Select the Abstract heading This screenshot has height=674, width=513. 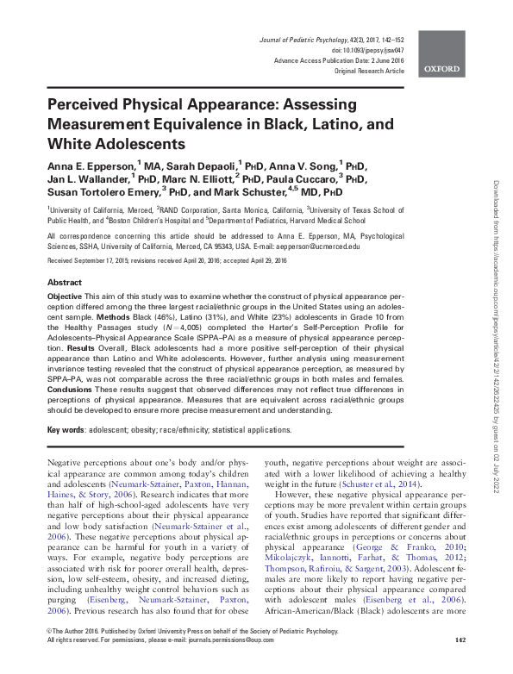click(x=65, y=283)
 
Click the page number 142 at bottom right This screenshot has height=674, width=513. click(x=460, y=665)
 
